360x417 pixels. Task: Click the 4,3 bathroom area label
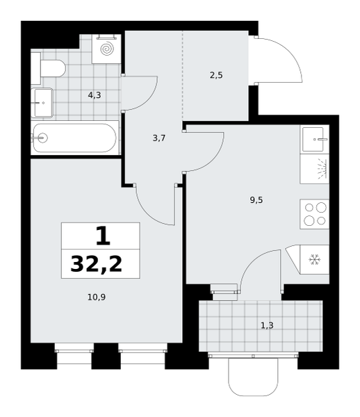(95, 95)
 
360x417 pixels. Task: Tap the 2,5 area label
(216, 76)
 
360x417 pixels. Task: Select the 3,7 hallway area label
(159, 138)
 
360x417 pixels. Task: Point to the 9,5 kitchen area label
(256, 200)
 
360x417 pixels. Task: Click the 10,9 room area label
(97, 297)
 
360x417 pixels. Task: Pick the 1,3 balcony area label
(267, 325)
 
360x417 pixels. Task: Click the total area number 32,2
(96, 264)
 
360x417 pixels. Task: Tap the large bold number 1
(103, 236)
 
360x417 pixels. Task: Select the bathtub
(75, 138)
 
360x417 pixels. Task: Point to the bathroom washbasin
(42, 103)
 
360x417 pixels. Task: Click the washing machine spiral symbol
(108, 49)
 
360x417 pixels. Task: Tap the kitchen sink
(314, 140)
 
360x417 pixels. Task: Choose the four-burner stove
(315, 214)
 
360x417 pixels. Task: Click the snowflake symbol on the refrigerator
(315, 259)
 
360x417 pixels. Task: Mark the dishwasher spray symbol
(322, 169)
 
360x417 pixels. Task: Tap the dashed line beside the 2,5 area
(182, 76)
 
